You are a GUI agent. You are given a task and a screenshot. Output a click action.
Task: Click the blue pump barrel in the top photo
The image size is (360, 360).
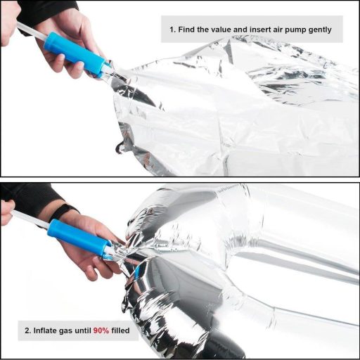point(76,54)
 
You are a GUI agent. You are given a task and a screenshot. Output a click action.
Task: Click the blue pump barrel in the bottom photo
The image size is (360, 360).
point(79,237)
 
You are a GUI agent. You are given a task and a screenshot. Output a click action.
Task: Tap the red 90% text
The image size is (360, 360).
point(101,330)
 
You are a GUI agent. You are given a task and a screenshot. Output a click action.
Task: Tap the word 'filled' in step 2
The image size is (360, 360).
point(120,330)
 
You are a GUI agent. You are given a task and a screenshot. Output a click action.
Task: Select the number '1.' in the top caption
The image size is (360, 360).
point(173,30)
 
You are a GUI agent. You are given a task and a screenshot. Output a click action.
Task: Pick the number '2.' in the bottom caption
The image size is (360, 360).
point(28,330)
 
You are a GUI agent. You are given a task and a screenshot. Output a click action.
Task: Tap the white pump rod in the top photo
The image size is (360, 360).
point(31,31)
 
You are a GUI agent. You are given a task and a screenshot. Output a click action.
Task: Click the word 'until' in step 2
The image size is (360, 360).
point(83,330)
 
